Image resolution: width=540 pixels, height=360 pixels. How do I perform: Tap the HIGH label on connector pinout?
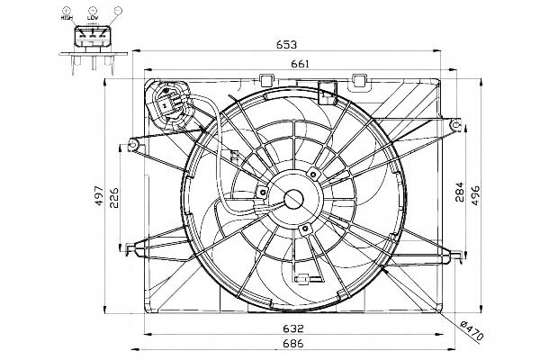(x=67, y=17)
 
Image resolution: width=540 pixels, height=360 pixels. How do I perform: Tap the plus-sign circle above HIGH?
(x=67, y=8)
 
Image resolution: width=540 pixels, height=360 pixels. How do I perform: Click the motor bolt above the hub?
(x=313, y=171)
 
